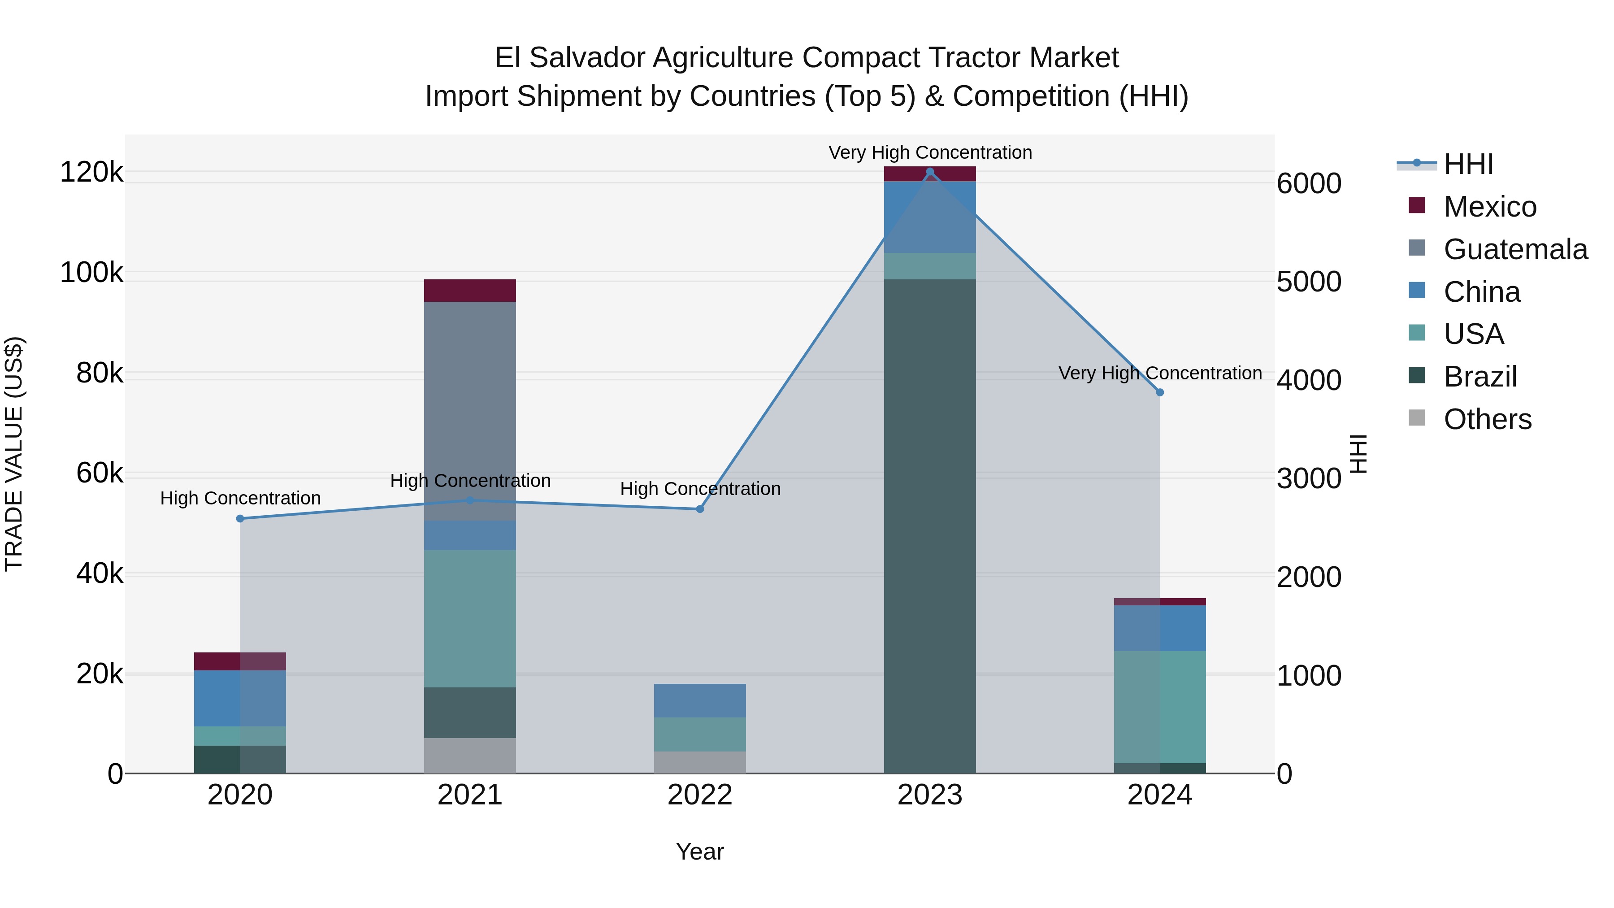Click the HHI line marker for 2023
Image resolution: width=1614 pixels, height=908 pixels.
[930, 172]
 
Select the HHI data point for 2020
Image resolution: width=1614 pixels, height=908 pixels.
[240, 519]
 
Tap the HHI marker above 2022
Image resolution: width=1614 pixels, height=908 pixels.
[700, 509]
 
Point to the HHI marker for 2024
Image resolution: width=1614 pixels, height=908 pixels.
[1160, 393]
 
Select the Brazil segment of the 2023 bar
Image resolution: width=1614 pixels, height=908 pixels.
[930, 526]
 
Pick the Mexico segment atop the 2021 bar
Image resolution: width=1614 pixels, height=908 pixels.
[470, 291]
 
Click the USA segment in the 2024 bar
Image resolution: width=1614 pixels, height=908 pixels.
[1160, 707]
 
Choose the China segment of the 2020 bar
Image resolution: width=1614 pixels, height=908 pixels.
[240, 699]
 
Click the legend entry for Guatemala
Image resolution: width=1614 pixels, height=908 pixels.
[1515, 249]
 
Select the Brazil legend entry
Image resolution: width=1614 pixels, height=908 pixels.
[1480, 377]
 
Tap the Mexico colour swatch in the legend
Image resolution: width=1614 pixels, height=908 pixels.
[1417, 205]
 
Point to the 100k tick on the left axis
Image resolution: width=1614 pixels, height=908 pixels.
[91, 273]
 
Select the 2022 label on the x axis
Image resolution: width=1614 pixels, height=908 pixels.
[700, 795]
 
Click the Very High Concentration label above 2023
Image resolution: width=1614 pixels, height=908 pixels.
[930, 152]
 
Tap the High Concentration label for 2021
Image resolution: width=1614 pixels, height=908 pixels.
[470, 481]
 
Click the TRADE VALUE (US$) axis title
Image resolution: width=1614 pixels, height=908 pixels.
[14, 454]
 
